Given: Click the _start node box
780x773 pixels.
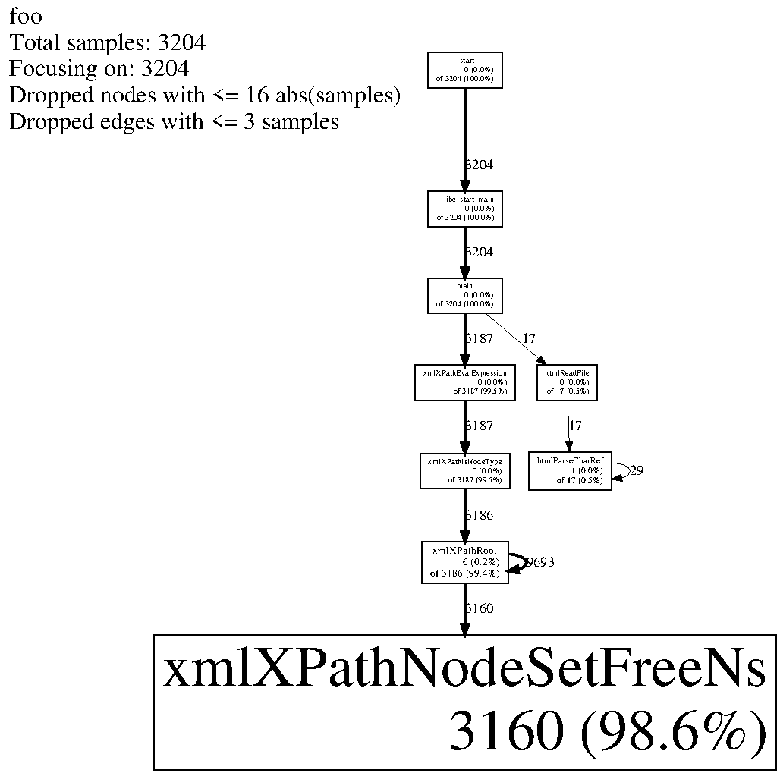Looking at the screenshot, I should pos(465,70).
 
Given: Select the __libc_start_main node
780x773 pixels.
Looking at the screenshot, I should pos(465,209).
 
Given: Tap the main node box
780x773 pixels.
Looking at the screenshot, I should pos(465,295).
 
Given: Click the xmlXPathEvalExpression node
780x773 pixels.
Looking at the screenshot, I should pos(465,382).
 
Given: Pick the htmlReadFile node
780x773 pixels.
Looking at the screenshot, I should pos(568,382).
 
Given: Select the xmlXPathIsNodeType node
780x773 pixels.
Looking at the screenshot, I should pos(465,470).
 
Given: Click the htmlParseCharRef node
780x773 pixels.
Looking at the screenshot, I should pos(570,470).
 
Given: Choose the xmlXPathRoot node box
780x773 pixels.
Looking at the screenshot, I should pos(465,562).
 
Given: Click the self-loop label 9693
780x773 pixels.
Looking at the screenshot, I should pos(540,562).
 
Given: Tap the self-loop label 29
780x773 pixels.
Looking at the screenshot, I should pos(637,470).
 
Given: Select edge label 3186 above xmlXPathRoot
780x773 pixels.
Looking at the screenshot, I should pos(479,515).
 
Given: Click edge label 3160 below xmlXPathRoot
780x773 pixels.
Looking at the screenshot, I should pos(479,608).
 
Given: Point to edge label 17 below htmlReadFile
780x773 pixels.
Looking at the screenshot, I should pos(575,426).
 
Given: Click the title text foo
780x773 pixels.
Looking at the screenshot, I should pos(26,16).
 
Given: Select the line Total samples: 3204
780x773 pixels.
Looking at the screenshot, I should pos(107,42).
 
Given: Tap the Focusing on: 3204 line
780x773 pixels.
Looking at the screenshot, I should pos(99,69).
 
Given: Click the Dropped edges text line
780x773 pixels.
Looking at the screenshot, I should pos(174,121).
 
